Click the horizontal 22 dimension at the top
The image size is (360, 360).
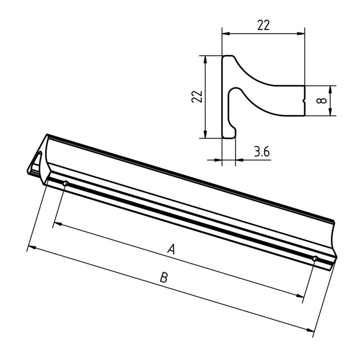pos(263,25)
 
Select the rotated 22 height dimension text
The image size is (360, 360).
pos(197,97)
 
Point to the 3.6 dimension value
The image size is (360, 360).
pos(262,152)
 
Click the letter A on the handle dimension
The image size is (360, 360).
pos(171,249)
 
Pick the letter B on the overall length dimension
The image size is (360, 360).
pos(163,277)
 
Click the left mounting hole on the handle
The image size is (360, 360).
pos(66,183)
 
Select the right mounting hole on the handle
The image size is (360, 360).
pos(315,258)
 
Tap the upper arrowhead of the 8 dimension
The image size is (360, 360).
pos(330,89)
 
